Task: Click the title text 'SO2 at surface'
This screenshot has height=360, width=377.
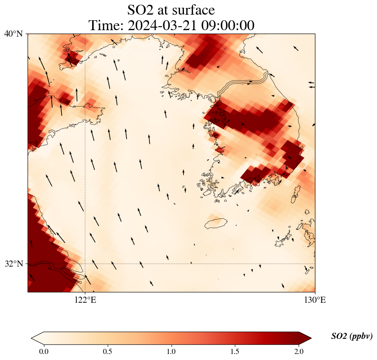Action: click(171, 9)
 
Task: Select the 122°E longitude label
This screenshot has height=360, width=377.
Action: click(85, 300)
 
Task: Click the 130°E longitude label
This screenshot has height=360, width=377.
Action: click(315, 300)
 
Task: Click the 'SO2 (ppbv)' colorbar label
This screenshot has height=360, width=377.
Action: click(352, 336)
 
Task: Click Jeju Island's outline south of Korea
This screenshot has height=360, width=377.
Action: click(215, 223)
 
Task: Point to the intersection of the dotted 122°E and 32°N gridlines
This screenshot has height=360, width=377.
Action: click(85, 264)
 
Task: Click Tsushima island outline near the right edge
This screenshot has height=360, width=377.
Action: click(296, 194)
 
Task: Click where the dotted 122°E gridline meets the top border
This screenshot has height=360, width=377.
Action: click(85, 34)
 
